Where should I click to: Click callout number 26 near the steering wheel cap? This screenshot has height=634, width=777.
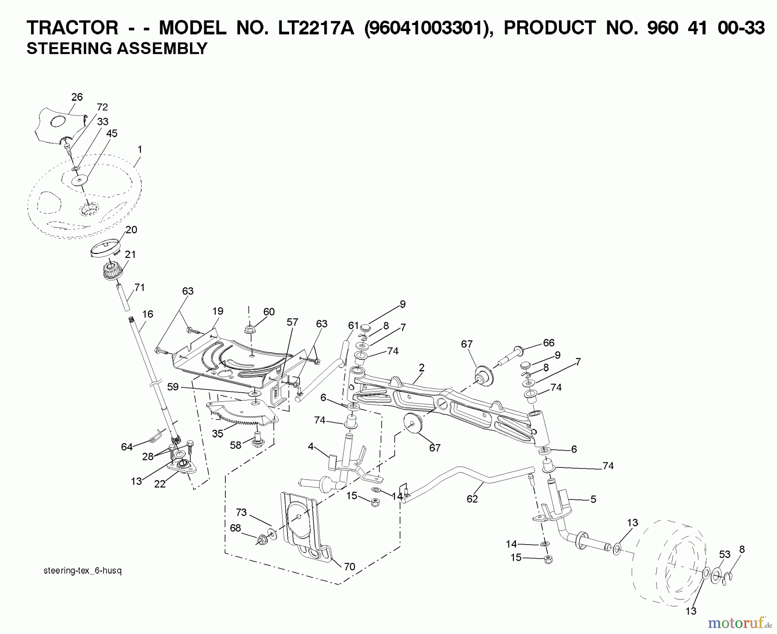pos(77,97)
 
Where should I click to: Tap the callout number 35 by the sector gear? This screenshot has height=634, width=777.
pos(218,433)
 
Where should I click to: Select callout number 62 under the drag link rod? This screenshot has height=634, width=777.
pos(472,499)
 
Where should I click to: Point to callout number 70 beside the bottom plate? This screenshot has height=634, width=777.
pos(349,567)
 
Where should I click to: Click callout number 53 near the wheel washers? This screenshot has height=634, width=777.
pos(724,554)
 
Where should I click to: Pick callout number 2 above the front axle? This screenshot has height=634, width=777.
pos(421,368)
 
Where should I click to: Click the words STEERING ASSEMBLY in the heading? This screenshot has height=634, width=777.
pos(117,48)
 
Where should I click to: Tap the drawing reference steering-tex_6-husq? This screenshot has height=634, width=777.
pos(83,571)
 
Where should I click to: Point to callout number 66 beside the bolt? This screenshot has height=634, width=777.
pos(548,343)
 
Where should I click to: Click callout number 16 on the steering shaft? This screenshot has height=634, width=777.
pos(148,314)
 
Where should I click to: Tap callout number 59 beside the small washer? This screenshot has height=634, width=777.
pos(173,387)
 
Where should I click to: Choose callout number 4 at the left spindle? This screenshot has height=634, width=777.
pos(310,446)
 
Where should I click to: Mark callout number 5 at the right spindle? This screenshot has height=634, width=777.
pos(593,499)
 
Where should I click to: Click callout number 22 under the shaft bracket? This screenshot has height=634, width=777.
pos(160,484)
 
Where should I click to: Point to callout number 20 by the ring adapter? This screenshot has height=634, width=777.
pos(131,230)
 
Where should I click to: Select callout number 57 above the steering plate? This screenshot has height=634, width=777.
pos(292,322)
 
